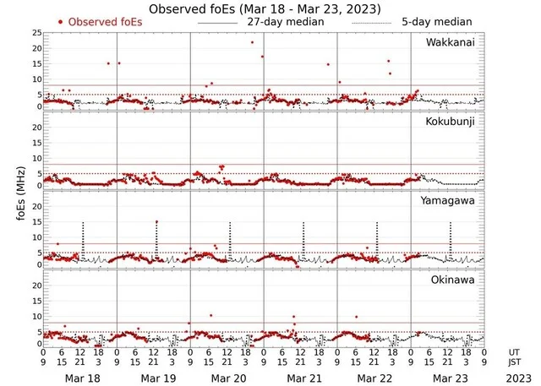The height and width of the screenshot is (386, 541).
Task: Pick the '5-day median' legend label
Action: [437, 22]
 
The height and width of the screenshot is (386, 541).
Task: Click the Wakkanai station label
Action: [451, 42]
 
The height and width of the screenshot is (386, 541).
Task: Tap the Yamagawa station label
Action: [451, 201]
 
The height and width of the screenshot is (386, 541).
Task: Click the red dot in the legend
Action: [61, 22]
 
